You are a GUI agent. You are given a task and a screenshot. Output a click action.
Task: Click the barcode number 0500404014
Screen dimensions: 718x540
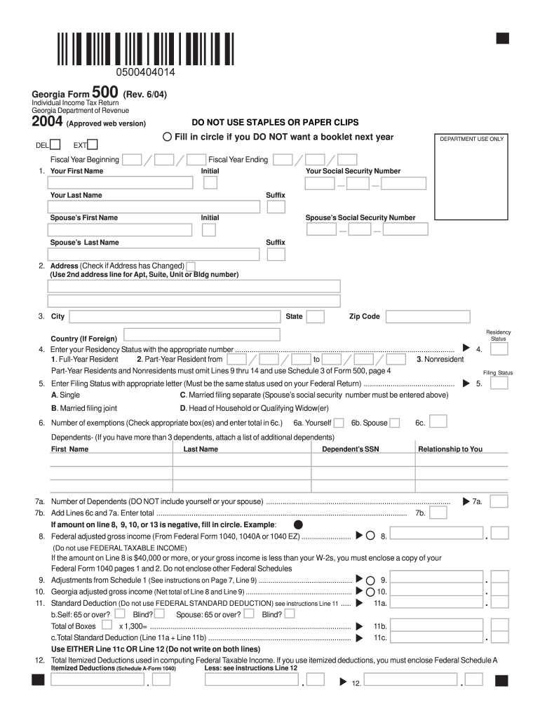pyautogui.click(x=146, y=72)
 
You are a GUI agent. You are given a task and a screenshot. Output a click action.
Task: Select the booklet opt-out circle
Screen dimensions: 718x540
pyautogui.click(x=168, y=137)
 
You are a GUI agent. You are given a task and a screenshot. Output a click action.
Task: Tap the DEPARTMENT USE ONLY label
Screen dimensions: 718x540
pyautogui.click(x=471, y=139)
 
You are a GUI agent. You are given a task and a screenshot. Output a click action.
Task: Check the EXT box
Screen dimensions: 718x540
pyautogui.click(x=92, y=144)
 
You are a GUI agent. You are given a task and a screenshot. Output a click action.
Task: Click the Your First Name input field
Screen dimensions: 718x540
pyautogui.click(x=120, y=183)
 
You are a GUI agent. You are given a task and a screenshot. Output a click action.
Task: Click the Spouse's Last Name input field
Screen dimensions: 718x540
pyautogui.click(x=120, y=255)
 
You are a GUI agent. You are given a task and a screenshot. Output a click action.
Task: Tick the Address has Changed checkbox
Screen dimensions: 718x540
pyautogui.click(x=191, y=266)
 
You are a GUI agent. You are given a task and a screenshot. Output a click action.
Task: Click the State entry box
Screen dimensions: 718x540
pyautogui.click(x=316, y=317)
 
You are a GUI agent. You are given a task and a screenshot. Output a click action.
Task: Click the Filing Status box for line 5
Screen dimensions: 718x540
pyautogui.click(x=499, y=384)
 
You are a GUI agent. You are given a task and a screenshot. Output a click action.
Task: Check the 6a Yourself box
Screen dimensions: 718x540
pyautogui.click(x=339, y=423)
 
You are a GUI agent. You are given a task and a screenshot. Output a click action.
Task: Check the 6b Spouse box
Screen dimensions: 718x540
pyautogui.click(x=395, y=423)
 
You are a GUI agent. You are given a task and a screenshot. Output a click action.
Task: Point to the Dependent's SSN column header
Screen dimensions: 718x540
pyautogui.click(x=350, y=449)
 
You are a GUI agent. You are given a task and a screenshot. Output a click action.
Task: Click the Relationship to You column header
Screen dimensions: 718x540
pyautogui.click(x=450, y=449)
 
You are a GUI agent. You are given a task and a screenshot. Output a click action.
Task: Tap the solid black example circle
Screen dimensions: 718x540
pyautogui.click(x=298, y=524)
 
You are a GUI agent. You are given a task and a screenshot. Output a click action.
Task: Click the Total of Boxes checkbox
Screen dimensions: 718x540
pyautogui.click(x=106, y=624)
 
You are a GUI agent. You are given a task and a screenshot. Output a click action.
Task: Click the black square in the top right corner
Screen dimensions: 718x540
pyautogui.click(x=502, y=38)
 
